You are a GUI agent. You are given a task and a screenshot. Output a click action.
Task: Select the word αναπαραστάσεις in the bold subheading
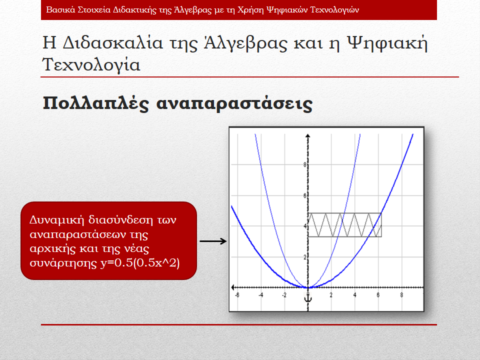pyautogui.click(x=234, y=104)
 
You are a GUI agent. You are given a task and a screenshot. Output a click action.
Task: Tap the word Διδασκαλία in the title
pyautogui.click(x=113, y=43)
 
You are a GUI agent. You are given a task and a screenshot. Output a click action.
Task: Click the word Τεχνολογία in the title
pyautogui.click(x=91, y=64)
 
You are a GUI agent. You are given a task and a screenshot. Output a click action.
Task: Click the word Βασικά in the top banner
pyautogui.click(x=60, y=10)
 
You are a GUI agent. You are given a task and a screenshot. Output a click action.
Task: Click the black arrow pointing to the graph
pyautogui.click(x=213, y=241)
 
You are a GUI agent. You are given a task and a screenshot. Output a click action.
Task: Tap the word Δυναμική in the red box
pyautogui.click(x=57, y=220)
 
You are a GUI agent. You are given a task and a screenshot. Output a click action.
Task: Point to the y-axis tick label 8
pyautogui.click(x=305, y=164)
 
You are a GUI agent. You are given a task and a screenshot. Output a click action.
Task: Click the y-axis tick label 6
pyautogui.click(x=305, y=195)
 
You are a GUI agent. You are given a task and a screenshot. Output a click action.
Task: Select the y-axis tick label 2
pyautogui.click(x=305, y=257)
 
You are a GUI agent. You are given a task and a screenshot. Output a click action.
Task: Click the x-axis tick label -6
pyautogui.click(x=237, y=295)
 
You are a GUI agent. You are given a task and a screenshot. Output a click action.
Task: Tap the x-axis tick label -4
pyautogui.click(x=260, y=295)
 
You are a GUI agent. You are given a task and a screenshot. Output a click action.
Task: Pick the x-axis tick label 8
pyautogui.click(x=401, y=295)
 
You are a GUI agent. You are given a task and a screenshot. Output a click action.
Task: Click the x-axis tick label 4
pyautogui.click(x=355, y=295)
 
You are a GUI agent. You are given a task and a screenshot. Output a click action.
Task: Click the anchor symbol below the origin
pyautogui.click(x=308, y=298)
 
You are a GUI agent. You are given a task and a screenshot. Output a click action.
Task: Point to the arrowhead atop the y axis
pyautogui.click(x=308, y=135)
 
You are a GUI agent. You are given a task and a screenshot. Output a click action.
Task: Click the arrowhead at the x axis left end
pyautogui.click(x=233, y=287)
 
